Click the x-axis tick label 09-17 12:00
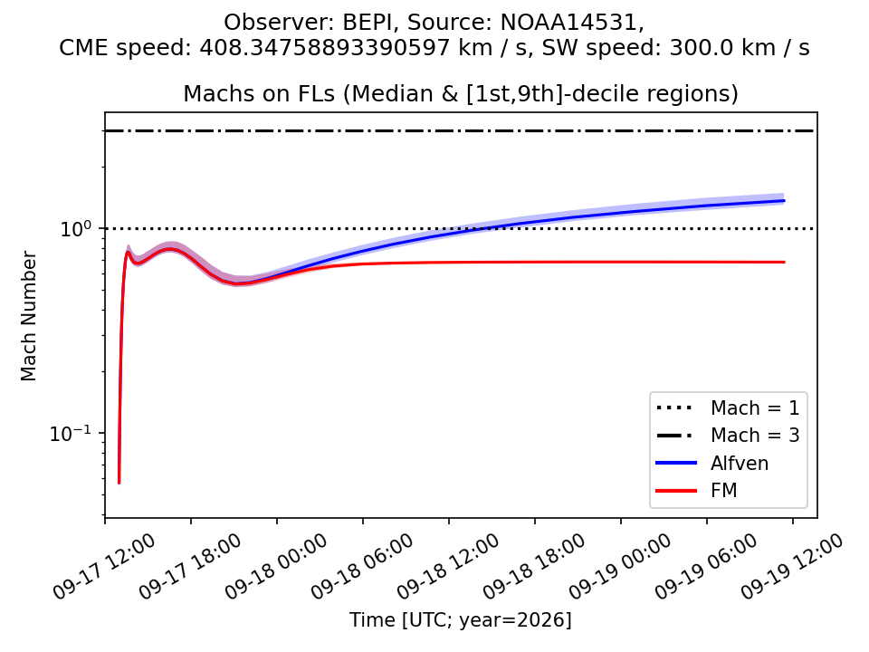tap(103, 567)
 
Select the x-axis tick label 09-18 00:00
tap(275, 567)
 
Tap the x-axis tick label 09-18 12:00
tap(448, 567)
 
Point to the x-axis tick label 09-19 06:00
tap(705, 567)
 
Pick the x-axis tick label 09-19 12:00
tap(791, 567)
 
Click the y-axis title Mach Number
tap(28, 316)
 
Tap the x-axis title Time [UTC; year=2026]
tap(460, 619)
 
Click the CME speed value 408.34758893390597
tap(324, 48)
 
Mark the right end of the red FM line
tap(785, 262)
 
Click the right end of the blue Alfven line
tap(785, 201)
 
